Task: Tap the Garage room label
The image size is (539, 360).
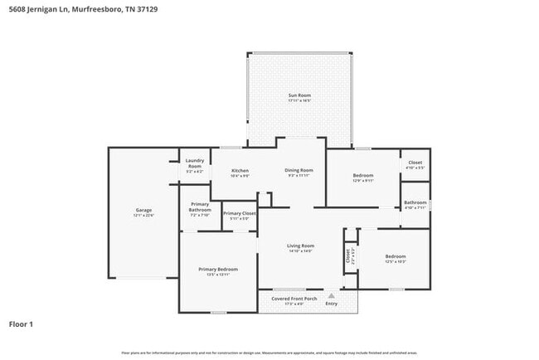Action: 143,212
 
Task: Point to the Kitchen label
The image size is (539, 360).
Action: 240,173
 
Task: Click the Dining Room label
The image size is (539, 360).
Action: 298,171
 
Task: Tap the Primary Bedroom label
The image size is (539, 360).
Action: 217,271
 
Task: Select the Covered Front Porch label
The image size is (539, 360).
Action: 294,299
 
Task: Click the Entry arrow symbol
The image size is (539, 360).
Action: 331,294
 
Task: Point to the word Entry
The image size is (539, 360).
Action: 331,304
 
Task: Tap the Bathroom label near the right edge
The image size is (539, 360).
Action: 415,205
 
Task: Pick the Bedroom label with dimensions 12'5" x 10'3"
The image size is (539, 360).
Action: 395,259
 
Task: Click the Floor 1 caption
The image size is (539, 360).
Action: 21,324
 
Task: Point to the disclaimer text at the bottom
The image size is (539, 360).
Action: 269,353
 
